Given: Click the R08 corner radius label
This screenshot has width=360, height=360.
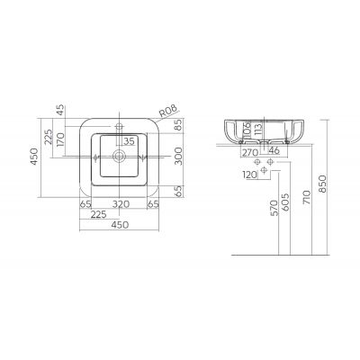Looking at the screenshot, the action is pos(168,111).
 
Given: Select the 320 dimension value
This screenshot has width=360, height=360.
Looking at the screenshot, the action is pos(121,204).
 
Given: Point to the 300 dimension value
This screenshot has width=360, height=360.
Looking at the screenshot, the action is pos(179,156).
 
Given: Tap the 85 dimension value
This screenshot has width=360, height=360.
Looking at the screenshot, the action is pos(179,125).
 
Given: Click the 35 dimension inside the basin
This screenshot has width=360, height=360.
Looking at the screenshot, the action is pos(129,141).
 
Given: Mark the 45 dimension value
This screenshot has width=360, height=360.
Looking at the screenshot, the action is pos(60,110).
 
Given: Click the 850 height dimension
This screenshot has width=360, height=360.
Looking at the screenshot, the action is pos(322,184).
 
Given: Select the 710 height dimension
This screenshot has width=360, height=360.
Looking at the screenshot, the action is pos(307,197).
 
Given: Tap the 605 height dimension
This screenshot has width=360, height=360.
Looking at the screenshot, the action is pos(285,202).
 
